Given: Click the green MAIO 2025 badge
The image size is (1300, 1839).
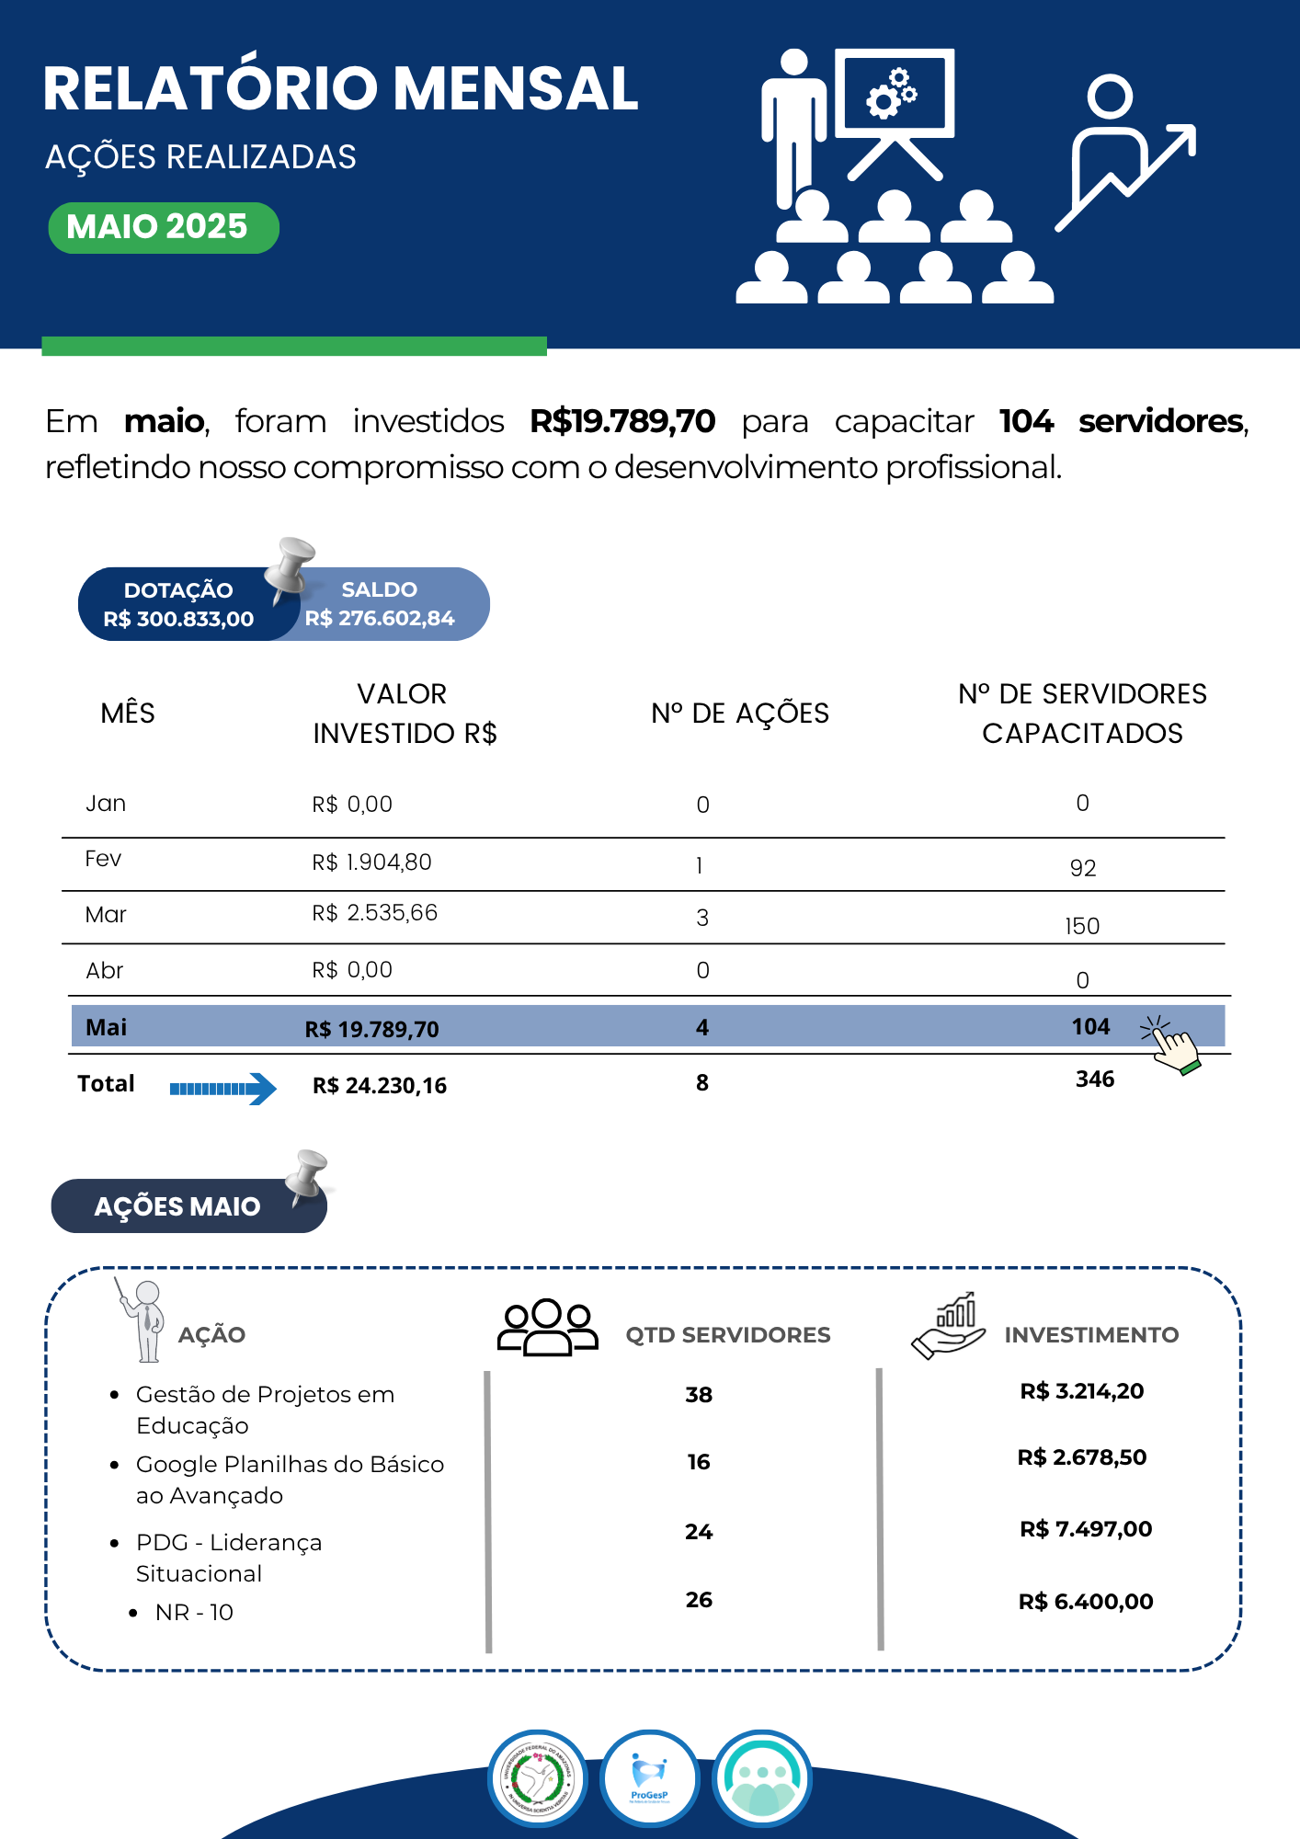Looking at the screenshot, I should (163, 227).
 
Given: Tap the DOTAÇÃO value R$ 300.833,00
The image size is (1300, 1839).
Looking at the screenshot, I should (178, 619).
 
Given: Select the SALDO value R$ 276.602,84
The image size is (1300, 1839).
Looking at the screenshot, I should (380, 618).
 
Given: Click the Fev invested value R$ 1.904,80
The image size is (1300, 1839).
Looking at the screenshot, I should (371, 862).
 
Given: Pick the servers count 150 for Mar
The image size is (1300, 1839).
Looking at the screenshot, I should (1082, 926).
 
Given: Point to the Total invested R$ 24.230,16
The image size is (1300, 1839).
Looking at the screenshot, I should (380, 1086).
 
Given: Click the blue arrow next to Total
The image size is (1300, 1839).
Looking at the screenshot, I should (223, 1089).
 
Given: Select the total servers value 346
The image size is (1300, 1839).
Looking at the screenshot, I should (1095, 1079).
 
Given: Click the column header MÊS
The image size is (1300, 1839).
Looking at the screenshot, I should (128, 714).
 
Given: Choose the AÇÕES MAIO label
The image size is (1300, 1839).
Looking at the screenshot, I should (177, 1206).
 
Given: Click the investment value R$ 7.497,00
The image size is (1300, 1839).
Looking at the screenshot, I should (1086, 1529).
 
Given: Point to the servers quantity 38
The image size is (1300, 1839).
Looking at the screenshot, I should (699, 1395).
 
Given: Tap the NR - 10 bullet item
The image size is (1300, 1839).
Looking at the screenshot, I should (194, 1613).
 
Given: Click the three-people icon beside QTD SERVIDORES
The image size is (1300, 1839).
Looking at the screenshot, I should (547, 1328).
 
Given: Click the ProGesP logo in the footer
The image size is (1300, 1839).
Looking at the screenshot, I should (650, 1779).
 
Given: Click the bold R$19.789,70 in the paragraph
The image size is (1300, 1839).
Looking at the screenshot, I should (622, 421).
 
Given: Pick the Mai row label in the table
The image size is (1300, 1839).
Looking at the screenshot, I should (106, 1027).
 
